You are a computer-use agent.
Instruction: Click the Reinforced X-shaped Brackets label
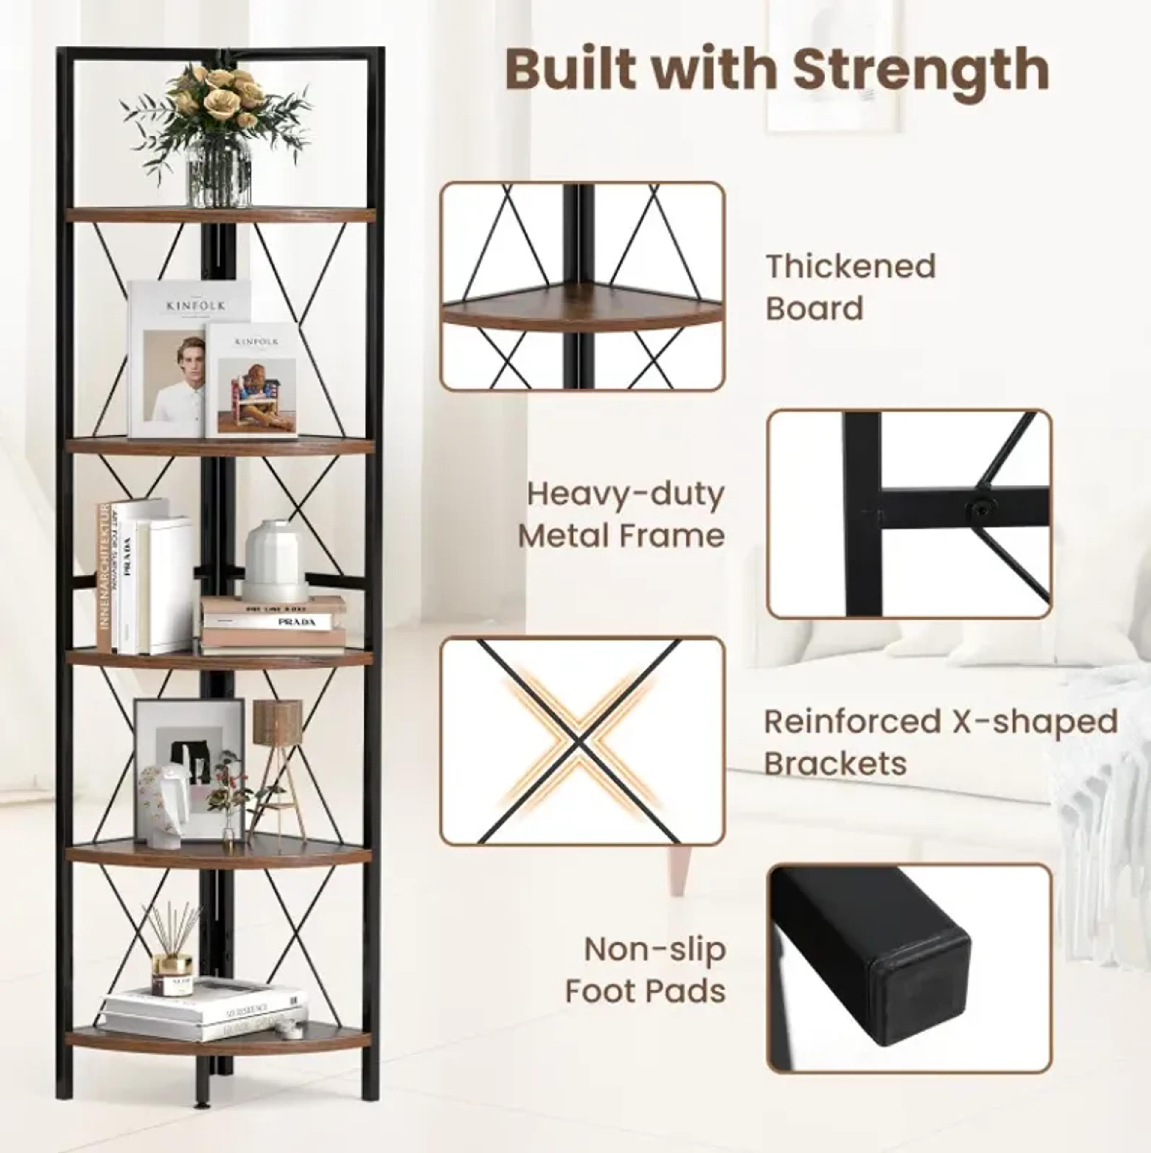pos(940,742)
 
